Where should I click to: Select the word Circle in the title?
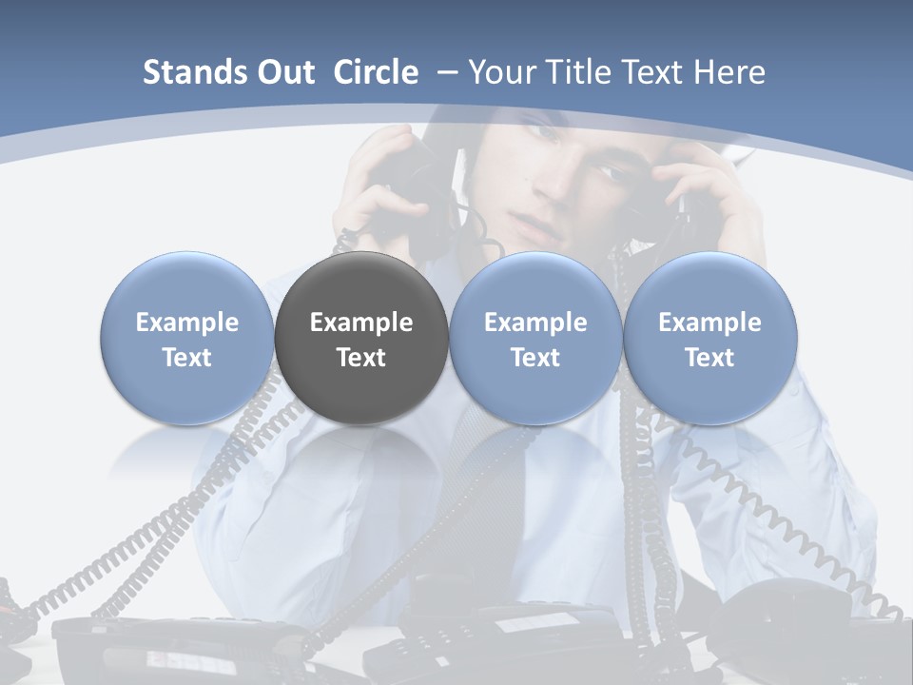coord(376,72)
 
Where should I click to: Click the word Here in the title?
coord(728,72)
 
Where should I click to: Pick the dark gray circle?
coord(361,338)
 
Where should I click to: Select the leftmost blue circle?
coord(186,338)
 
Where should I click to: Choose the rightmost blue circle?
coord(709,338)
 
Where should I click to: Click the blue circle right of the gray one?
coord(535,338)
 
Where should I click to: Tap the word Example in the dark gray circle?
coord(361,323)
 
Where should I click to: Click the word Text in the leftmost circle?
coord(186,358)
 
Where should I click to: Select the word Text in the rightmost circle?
coord(709,358)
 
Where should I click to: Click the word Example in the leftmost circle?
coord(186,323)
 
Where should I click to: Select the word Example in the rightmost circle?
coord(709,323)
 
